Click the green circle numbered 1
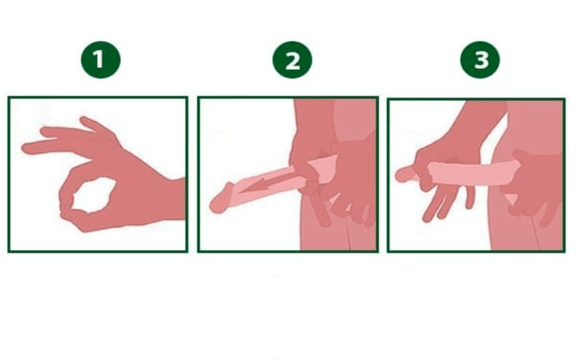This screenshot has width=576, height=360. click(101, 60)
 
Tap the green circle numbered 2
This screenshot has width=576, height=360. click(292, 60)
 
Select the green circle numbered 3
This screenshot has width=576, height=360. click(480, 60)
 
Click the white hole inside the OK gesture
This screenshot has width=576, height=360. click(94, 195)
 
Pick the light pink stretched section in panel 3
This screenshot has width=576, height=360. click(474, 173)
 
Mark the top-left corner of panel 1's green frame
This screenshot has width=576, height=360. click(9, 97)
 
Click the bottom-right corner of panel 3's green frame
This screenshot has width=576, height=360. click(564, 251)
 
